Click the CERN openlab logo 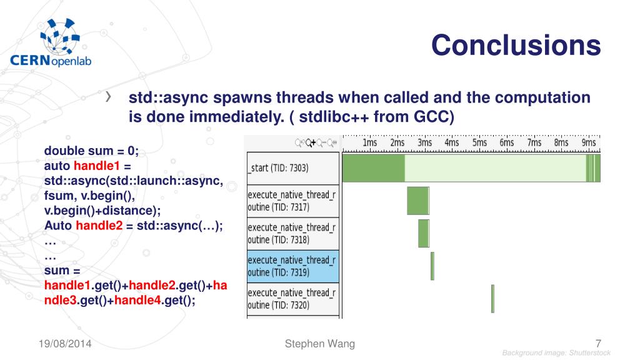click(x=51, y=43)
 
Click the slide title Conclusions click(x=516, y=45)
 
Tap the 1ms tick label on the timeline click(x=370, y=142)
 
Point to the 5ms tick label click(x=479, y=142)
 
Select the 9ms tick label click(x=589, y=142)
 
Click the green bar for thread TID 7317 click(x=418, y=201)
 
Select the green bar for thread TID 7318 click(x=424, y=234)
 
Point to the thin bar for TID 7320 click(x=492, y=299)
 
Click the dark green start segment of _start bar click(x=374, y=167)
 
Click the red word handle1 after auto click(x=97, y=166)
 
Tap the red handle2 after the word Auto click(x=99, y=225)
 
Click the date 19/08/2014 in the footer click(x=65, y=344)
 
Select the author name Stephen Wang click(x=320, y=344)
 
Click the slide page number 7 click(x=598, y=344)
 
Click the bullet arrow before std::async click(x=108, y=97)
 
